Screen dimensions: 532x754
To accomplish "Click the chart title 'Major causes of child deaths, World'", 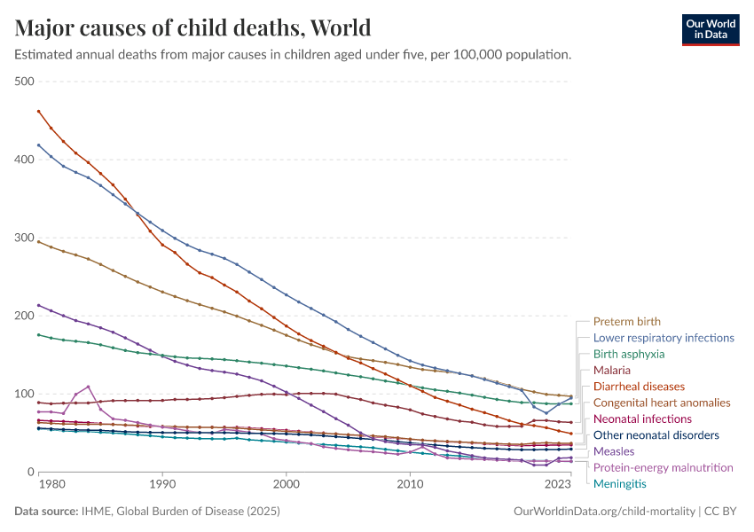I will [x=192, y=27].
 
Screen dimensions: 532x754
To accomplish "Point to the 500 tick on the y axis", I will [x=24, y=82].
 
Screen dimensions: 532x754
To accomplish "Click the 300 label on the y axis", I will [x=24, y=238].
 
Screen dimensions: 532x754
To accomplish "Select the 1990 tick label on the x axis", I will [x=162, y=485].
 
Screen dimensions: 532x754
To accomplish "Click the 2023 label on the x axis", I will [x=558, y=485].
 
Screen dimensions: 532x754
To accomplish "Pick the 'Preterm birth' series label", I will [x=626, y=322].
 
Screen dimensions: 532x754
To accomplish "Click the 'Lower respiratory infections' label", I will [x=664, y=338].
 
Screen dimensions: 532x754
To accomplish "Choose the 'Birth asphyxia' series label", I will [x=628, y=354].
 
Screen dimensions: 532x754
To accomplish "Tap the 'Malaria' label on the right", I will [x=611, y=370].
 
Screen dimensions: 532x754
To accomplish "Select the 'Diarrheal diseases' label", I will [x=639, y=387].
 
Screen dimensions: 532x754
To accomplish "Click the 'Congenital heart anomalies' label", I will [x=662, y=403].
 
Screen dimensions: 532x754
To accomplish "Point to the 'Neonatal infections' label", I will [x=642, y=419].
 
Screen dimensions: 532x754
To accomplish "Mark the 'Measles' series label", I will [x=614, y=451].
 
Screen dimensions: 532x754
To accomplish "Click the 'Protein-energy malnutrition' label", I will [x=663, y=467].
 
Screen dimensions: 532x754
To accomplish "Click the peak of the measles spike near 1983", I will [x=89, y=387].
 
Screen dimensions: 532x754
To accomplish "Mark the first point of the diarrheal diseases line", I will [x=39, y=111].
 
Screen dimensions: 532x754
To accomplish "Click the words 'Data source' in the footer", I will [x=46, y=512].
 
